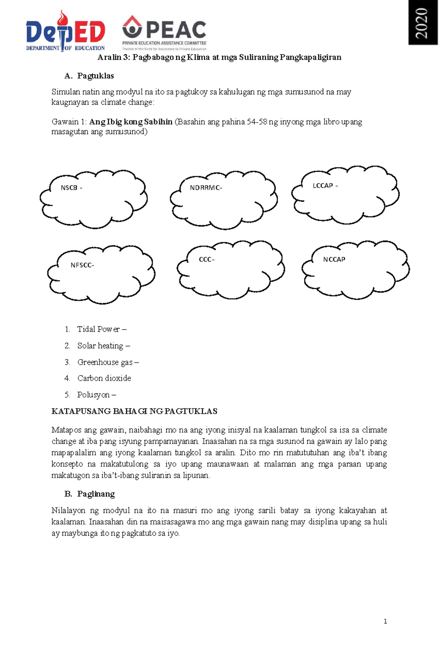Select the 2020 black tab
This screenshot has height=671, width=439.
(423, 23)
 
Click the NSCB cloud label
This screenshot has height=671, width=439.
(71, 188)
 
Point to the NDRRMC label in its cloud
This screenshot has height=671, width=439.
(206, 188)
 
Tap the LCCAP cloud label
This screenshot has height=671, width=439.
(325, 186)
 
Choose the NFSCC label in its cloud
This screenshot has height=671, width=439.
(82, 265)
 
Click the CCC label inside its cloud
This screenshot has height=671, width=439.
(207, 260)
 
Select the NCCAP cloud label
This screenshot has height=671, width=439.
(334, 260)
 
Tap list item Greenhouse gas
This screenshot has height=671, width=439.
(108, 362)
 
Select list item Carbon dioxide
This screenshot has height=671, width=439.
(104, 378)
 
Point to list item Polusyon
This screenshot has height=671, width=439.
(96, 395)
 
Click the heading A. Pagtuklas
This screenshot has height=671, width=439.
(89, 76)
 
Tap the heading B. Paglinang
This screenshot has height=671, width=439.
(89, 494)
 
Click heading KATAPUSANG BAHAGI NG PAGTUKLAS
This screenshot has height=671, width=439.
(134, 411)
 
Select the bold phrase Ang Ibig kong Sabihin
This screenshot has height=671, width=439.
(131, 122)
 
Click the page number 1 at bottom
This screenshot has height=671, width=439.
(385, 621)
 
